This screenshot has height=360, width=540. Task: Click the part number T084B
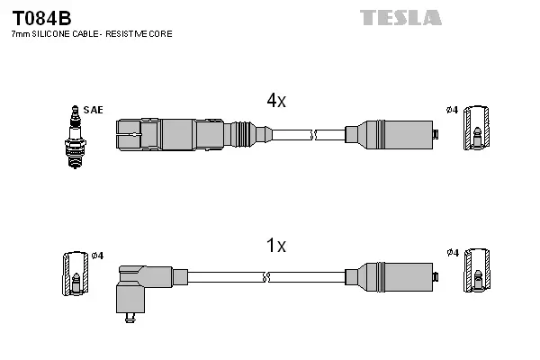41,18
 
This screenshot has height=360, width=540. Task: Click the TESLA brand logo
401,17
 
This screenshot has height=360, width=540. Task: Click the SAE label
93,110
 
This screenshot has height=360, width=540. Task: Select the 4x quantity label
275,102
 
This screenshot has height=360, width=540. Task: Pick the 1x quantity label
275,246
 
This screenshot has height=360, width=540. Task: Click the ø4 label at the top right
452,110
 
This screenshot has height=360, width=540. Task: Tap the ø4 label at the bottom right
452,253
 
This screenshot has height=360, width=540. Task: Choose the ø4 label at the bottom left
97,256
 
